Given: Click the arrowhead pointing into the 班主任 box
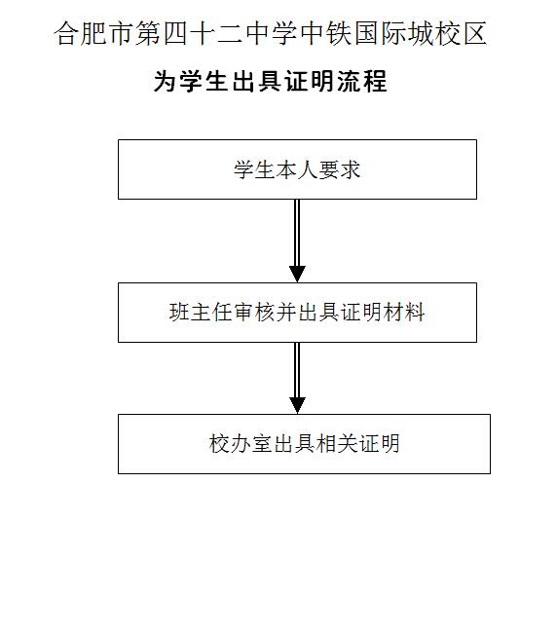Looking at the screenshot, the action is [x=297, y=274].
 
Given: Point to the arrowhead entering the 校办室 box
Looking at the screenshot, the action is [x=297, y=405].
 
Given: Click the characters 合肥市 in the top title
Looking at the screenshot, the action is [x=94, y=33].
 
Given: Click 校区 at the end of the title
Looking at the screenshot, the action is [x=461, y=33].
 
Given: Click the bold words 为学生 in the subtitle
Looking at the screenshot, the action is [x=191, y=82].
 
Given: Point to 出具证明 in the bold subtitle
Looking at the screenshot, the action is [x=282, y=82].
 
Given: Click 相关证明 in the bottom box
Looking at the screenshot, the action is [x=358, y=444].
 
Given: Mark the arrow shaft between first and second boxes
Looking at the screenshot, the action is [x=297, y=233].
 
